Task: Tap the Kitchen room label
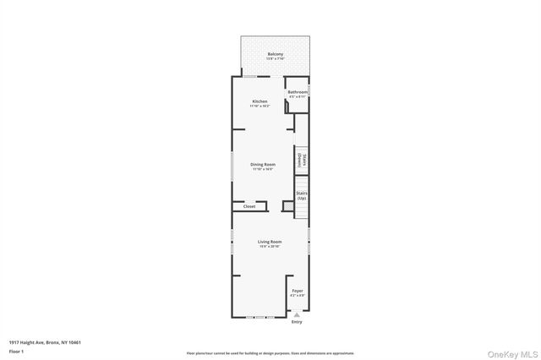tap(259, 101)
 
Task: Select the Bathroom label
tap(298, 92)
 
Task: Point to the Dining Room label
tap(263, 164)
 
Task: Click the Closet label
tap(249, 206)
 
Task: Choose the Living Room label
tap(270, 242)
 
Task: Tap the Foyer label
tap(298, 291)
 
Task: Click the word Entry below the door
tap(297, 322)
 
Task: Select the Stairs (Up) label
tap(301, 195)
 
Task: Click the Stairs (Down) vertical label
tap(301, 159)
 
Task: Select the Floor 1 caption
tap(17, 350)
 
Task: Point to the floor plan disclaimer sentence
tap(270, 353)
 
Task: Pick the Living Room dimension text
tap(270, 247)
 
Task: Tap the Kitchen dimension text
tap(259, 106)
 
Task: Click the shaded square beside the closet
tap(287, 206)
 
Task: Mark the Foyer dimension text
tap(298, 296)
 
